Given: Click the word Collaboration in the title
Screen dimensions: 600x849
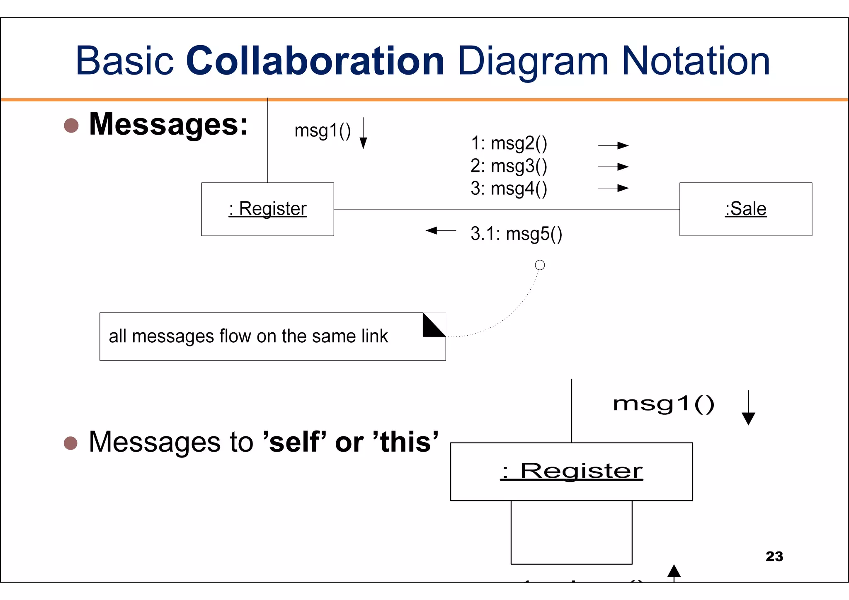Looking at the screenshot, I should [315, 61].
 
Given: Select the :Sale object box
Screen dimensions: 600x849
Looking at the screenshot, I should [745, 209].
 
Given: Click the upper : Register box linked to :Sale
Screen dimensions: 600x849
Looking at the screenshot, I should [267, 209].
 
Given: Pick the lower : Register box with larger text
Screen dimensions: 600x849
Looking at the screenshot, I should [571, 472].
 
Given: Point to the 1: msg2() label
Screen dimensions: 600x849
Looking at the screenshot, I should [509, 143].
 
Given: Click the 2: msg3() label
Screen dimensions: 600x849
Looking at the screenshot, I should [509, 166].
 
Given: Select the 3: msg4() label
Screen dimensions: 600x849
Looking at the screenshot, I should [509, 189].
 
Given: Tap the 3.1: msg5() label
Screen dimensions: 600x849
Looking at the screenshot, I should [516, 234].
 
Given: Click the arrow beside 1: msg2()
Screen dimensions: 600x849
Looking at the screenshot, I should [614, 145].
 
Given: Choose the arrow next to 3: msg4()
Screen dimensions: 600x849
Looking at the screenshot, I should [614, 188].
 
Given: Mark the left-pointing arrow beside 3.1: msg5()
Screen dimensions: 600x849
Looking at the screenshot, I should [441, 230].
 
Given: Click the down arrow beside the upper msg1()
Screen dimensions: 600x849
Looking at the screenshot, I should [363, 133].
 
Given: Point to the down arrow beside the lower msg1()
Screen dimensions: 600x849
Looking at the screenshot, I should [748, 408].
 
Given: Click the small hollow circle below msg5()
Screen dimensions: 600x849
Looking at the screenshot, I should [540, 265].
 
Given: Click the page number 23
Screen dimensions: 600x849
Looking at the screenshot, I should [774, 556].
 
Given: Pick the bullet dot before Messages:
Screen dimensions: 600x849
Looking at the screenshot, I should [71, 126].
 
